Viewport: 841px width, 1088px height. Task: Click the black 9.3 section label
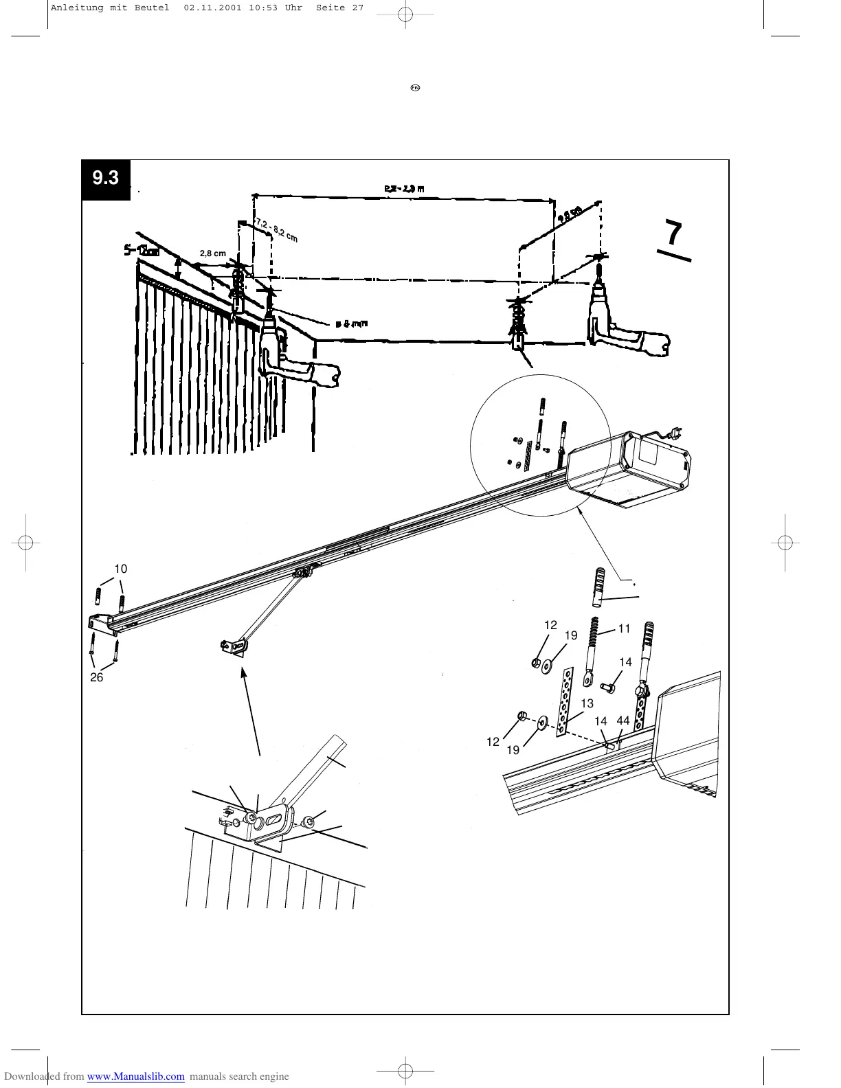(106, 179)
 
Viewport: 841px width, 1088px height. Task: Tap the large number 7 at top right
(675, 234)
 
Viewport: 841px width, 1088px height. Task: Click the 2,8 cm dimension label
(212, 253)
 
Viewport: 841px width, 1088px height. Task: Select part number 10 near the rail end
(121, 569)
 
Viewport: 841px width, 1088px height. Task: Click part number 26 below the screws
(96, 677)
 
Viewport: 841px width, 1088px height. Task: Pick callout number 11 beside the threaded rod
(624, 628)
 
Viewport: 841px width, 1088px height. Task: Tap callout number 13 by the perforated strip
(587, 703)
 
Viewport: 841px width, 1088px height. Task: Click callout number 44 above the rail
(623, 721)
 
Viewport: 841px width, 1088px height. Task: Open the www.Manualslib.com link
(136, 1076)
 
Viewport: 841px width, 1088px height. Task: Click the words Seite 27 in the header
(339, 8)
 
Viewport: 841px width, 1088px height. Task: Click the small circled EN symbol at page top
(415, 88)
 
